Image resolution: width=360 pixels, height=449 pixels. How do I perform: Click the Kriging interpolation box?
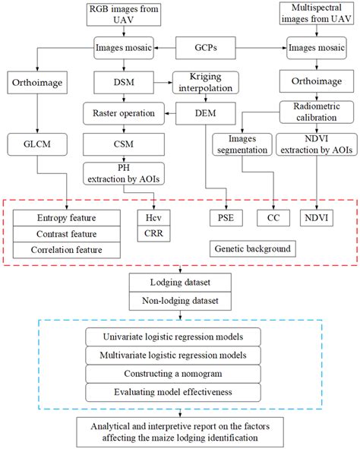tap(205, 82)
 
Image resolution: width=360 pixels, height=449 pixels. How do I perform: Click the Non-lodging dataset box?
tap(180, 301)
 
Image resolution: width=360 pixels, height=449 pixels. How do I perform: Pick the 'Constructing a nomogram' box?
tap(180, 373)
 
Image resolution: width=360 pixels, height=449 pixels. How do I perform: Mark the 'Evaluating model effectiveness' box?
tap(180, 392)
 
